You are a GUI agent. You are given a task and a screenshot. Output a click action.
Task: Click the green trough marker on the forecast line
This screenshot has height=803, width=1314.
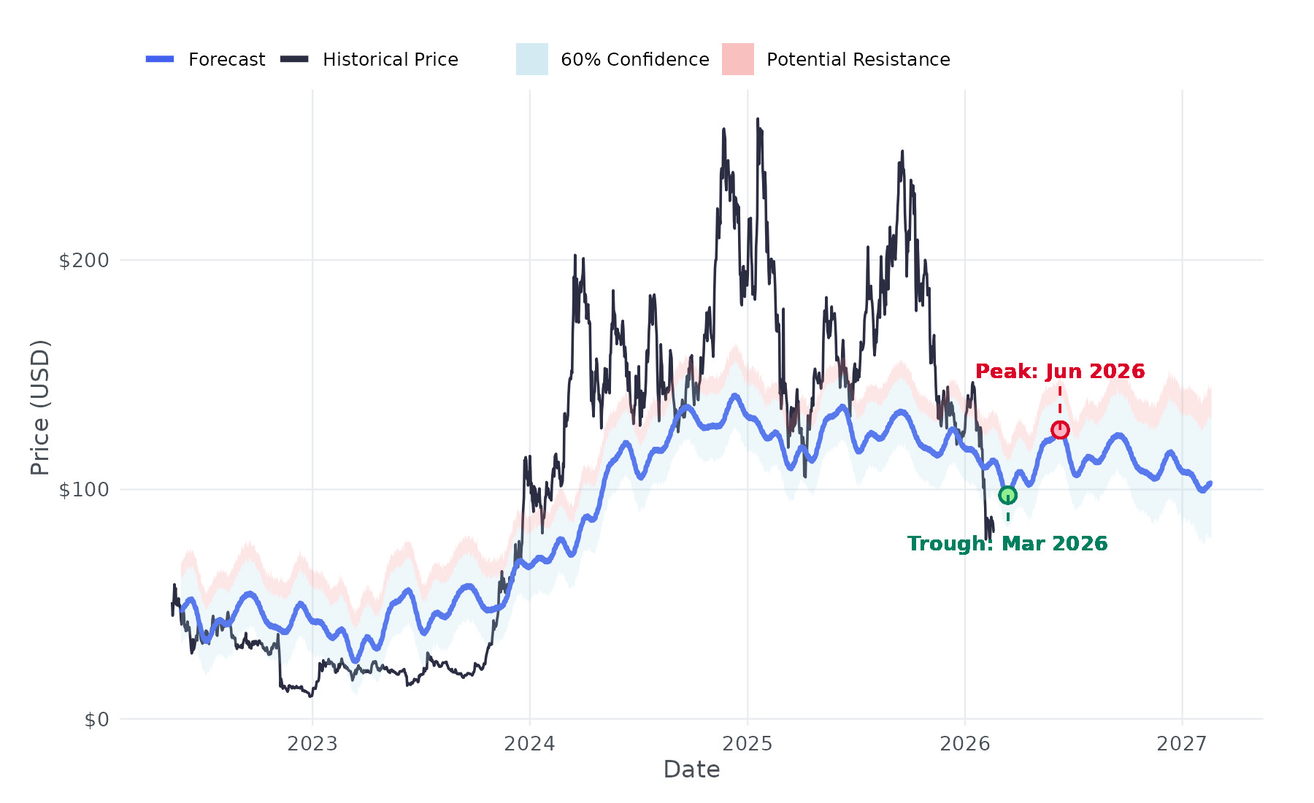pyautogui.click(x=1007, y=495)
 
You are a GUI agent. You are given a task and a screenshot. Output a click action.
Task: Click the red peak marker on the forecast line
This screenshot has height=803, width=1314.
pyautogui.click(x=1060, y=430)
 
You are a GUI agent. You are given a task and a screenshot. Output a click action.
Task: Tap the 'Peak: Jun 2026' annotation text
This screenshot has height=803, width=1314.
pyautogui.click(x=1060, y=371)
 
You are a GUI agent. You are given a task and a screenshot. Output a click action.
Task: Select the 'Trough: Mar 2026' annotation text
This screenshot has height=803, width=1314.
pyautogui.click(x=1007, y=544)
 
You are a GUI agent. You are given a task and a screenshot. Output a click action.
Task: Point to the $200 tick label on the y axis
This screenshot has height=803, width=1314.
pyautogui.click(x=83, y=260)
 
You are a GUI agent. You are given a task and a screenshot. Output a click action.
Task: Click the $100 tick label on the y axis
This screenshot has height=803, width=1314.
pyautogui.click(x=83, y=489)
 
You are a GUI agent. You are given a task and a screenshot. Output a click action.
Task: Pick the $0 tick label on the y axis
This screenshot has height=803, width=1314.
pyautogui.click(x=96, y=720)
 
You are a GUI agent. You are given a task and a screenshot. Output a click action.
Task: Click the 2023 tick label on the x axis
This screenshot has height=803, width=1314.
pyautogui.click(x=312, y=744)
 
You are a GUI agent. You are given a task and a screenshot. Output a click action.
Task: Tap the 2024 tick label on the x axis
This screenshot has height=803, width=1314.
pyautogui.click(x=530, y=744)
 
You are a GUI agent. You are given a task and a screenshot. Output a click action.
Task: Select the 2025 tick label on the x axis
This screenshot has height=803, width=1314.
pyautogui.click(x=748, y=744)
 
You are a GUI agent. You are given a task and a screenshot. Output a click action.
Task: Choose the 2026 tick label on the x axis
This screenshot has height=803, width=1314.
pyautogui.click(x=965, y=744)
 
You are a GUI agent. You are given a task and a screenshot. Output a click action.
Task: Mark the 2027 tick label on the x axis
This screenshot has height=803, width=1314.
pyautogui.click(x=1182, y=744)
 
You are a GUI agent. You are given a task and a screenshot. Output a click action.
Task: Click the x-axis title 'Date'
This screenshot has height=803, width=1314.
pyautogui.click(x=691, y=769)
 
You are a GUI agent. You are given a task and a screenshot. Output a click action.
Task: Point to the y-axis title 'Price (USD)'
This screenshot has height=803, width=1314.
pyautogui.click(x=40, y=407)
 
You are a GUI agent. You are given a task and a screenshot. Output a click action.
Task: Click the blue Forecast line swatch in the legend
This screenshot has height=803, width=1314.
pyautogui.click(x=160, y=59)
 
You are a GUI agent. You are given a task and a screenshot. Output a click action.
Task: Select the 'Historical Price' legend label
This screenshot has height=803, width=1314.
pyautogui.click(x=391, y=59)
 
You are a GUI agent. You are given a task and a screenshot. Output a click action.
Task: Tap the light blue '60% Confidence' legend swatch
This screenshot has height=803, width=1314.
pyautogui.click(x=531, y=59)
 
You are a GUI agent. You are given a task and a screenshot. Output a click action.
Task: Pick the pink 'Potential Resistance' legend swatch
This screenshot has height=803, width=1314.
pyautogui.click(x=737, y=59)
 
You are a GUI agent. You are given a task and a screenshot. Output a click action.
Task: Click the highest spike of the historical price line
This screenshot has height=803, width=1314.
pyautogui.click(x=758, y=119)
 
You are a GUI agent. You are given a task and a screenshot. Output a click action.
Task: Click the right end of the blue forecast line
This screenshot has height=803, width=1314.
pyautogui.click(x=1210, y=483)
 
